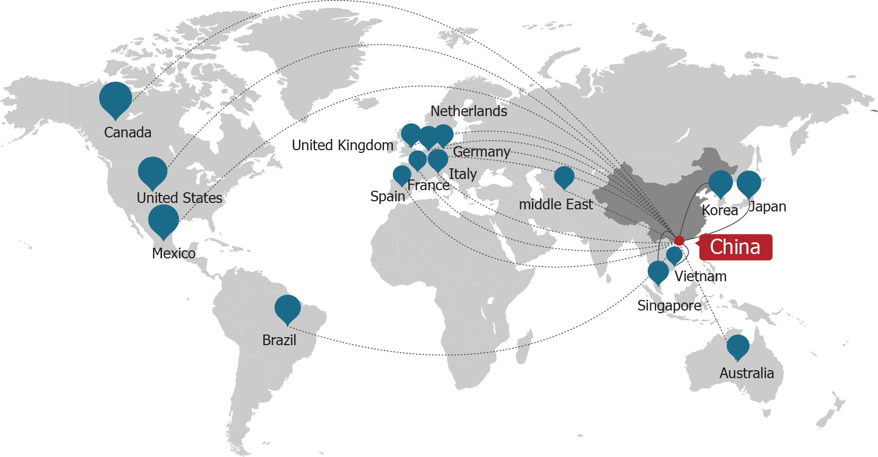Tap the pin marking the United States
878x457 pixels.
point(152,172)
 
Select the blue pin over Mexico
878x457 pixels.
point(164,219)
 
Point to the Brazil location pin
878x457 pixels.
point(288,308)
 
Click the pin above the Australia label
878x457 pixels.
point(738,346)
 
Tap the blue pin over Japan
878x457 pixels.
point(748,183)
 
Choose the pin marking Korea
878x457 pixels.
point(721,183)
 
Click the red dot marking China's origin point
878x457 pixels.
point(679,241)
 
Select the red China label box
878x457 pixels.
point(736,247)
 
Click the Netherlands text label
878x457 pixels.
point(469,111)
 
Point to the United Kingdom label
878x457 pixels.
point(342,145)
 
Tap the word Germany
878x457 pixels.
point(481,152)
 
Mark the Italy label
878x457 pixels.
point(463,174)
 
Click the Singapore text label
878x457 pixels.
point(669,306)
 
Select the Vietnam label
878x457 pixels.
point(700,276)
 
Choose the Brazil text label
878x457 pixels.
point(279,340)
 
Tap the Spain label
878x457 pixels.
point(388,197)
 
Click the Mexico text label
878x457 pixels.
point(174,253)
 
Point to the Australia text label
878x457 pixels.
point(746,373)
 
